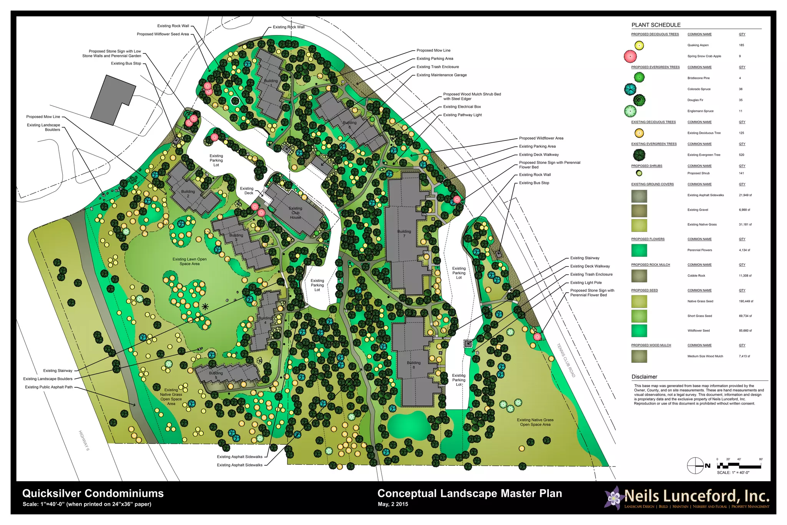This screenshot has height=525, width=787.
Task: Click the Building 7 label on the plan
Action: pos(404,233)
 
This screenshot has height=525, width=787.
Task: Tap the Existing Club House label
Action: pos(295,213)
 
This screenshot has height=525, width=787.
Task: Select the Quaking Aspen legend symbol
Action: pos(639,45)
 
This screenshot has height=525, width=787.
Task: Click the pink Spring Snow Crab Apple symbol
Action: pos(630,57)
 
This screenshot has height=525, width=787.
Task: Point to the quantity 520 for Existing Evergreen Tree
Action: pos(741,155)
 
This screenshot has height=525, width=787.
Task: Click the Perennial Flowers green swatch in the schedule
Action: pos(639,250)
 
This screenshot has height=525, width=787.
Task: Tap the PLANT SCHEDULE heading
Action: pos(656,25)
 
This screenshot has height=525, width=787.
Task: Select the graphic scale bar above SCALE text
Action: pos(739,466)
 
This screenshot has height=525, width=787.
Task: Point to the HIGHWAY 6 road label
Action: pos(84,441)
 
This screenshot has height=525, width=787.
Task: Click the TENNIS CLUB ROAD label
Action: pos(566,360)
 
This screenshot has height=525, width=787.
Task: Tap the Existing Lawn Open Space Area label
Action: pos(189,262)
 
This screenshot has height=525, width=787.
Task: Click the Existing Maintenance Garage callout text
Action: pos(442,75)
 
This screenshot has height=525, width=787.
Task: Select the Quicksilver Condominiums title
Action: pos(93,493)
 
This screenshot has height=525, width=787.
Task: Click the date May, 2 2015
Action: pos(393,504)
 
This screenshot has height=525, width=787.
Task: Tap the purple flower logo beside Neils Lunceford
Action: pos(613,498)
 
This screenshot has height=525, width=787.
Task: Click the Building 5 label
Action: pos(216,375)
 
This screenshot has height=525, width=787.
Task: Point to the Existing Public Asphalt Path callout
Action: pos(49,387)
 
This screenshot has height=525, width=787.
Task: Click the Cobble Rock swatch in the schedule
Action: pos(639,276)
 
